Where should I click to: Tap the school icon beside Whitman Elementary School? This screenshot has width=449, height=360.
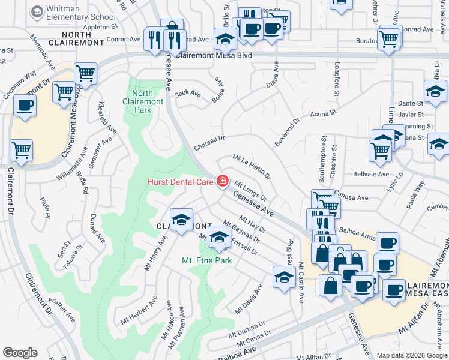[37, 11]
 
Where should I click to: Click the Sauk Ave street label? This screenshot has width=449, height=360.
[188, 94]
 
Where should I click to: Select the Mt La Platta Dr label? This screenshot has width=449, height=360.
[252, 167]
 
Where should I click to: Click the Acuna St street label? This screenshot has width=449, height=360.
[324, 113]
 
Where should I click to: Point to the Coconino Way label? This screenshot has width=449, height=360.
[20, 86]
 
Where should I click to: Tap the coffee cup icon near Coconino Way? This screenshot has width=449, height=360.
[25, 106]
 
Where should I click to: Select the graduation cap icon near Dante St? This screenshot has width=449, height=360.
[435, 91]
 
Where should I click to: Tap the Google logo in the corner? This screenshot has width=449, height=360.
[20, 353]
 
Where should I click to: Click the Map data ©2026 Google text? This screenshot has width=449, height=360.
[411, 355]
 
